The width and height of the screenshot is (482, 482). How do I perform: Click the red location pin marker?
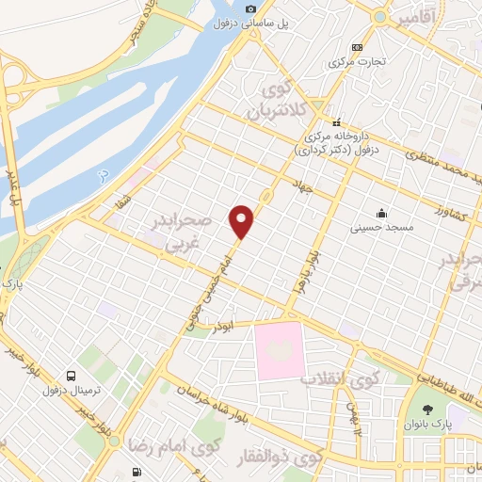(243, 220)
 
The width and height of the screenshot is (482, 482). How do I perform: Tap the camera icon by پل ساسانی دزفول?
(250, 9)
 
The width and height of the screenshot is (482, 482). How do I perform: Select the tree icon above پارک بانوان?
(429, 409)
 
